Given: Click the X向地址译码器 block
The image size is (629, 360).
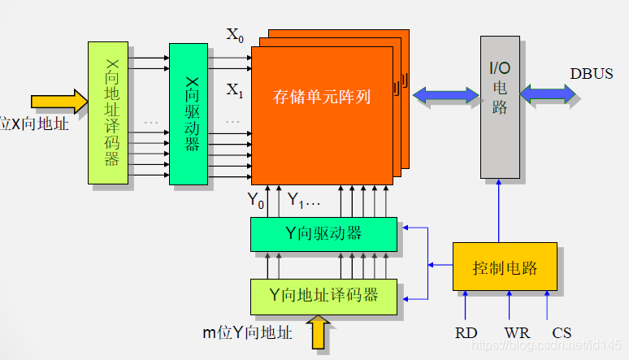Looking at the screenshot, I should tap(108, 113).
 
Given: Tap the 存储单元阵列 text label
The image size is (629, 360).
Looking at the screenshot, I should tap(322, 98).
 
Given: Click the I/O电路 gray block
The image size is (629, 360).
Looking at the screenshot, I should tap(500, 106).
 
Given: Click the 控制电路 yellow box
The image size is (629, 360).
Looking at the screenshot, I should tap(504, 267).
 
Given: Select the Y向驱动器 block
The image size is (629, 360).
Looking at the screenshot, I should tap(323, 234).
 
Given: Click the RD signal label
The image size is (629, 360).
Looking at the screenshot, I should tap(466, 332).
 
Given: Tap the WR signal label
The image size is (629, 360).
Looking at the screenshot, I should tap(516, 332).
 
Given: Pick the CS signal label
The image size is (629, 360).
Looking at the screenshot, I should tap(562, 332).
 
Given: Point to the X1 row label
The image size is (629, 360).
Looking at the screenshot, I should tap(235, 89).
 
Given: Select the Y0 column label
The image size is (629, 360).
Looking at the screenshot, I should tap(256, 200).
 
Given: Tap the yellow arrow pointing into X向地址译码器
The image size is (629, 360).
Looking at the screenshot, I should tap(59, 102).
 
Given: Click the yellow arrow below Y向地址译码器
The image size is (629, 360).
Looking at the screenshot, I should tap(319, 333).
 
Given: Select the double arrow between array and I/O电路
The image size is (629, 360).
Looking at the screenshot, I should tap(446, 95).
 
